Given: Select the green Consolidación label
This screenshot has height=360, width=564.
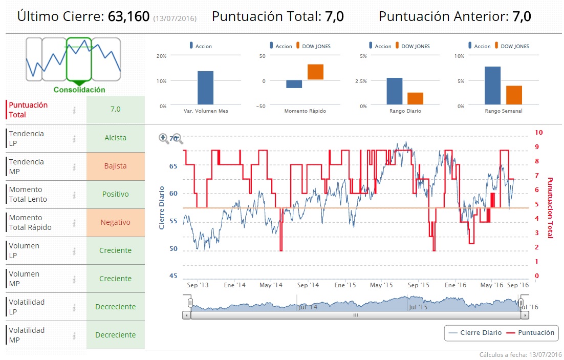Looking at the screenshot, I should click(x=79, y=90).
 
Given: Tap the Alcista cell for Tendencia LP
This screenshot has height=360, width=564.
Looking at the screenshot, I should click(x=115, y=138).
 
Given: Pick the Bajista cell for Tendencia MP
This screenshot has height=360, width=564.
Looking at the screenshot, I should click(x=115, y=166).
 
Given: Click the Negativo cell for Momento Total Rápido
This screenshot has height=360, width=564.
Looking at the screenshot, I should click(x=115, y=222).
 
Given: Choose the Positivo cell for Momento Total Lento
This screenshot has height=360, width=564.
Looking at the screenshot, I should click(x=115, y=194).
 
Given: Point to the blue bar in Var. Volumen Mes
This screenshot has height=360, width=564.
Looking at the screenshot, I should click(x=206, y=88).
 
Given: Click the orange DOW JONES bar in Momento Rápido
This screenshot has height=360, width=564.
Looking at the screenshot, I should click(x=315, y=72).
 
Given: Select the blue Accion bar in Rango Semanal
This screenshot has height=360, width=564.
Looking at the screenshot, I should click(x=492, y=86).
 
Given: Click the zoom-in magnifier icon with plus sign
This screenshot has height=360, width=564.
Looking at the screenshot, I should click(x=164, y=138).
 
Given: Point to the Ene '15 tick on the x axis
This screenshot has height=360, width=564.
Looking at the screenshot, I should click(x=345, y=285).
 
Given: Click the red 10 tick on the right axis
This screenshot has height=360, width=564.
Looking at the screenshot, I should click(x=538, y=132).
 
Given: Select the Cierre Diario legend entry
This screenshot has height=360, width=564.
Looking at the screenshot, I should click(x=474, y=333).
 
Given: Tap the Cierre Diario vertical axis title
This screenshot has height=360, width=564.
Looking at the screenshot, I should click(x=162, y=207).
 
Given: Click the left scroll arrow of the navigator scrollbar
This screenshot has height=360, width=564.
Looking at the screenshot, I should click(x=186, y=315).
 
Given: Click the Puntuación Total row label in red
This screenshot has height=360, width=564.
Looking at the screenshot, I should click(x=28, y=110).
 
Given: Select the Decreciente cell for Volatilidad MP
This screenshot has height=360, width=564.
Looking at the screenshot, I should click(x=115, y=335).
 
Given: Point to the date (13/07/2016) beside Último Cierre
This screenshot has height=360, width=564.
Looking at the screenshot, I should click(x=175, y=18).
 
